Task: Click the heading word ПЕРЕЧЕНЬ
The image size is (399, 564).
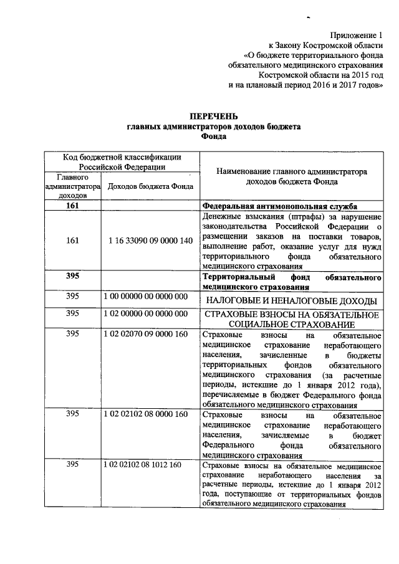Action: [x=213, y=116]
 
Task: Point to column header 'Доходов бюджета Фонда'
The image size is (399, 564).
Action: [x=150, y=186]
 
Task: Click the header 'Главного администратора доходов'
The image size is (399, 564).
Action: [x=72, y=186]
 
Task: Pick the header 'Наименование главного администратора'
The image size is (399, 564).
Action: [x=291, y=171]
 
